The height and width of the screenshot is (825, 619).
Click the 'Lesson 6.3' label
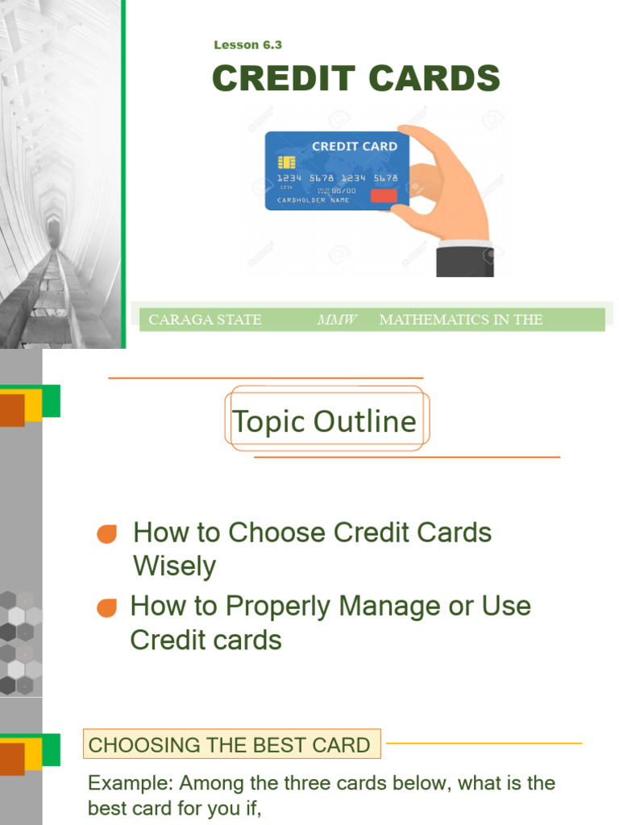point(247,45)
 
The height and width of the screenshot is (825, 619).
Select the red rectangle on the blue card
point(384,196)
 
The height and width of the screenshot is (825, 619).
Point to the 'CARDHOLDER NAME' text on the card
point(314,200)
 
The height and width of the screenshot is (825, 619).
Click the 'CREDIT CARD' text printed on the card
point(354,147)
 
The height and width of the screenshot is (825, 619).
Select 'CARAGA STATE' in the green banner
point(205,320)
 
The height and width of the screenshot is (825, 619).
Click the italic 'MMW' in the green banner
point(337,320)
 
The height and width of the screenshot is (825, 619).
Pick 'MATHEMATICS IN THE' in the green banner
point(460,320)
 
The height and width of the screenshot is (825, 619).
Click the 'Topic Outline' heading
point(324,421)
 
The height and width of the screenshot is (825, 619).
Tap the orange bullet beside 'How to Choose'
point(106,534)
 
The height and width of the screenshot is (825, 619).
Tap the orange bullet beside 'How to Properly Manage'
point(106,608)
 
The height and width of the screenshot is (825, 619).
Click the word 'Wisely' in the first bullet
point(174,566)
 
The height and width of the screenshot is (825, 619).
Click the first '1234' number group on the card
point(289,178)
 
